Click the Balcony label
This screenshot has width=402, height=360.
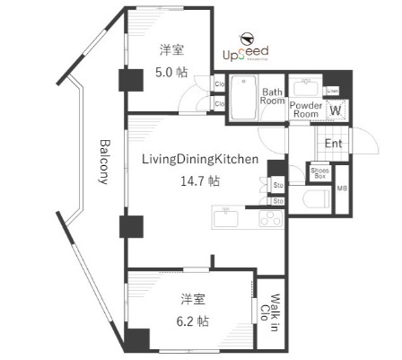click(105, 162)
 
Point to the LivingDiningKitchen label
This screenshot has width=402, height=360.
click(200, 160)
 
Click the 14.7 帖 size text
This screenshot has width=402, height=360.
click(200, 180)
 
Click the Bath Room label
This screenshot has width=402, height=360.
click(273, 96)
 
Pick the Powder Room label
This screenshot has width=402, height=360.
click(306, 110)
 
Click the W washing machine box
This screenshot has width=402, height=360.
click(336, 110)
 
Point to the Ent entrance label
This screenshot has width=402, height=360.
click(333, 144)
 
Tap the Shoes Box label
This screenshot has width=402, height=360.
click(319, 172)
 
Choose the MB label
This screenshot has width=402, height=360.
click(342, 189)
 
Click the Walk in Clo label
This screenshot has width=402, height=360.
click(267, 316)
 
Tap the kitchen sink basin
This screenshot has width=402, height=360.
click(225, 218)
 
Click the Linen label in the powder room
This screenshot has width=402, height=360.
click(332, 92)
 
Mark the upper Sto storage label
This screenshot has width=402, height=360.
click(278, 186)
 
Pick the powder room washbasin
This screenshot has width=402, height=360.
click(306, 88)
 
